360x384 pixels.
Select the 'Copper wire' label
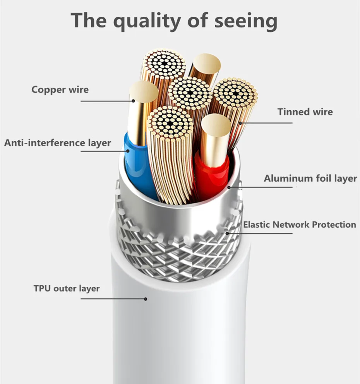[60, 90]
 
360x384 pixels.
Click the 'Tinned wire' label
[305, 112]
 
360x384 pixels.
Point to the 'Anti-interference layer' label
[58, 143]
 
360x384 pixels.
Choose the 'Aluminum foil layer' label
[310, 178]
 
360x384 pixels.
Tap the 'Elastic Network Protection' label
[300, 225]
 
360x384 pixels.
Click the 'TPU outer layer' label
[67, 289]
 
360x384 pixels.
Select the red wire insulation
[211, 174]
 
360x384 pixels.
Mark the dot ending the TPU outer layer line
[146, 298]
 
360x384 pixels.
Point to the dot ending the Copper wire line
[133, 101]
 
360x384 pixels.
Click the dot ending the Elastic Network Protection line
[227, 233]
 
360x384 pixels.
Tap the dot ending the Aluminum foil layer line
[229, 187]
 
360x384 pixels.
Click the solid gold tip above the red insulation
[216, 125]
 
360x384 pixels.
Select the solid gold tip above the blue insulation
[143, 92]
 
